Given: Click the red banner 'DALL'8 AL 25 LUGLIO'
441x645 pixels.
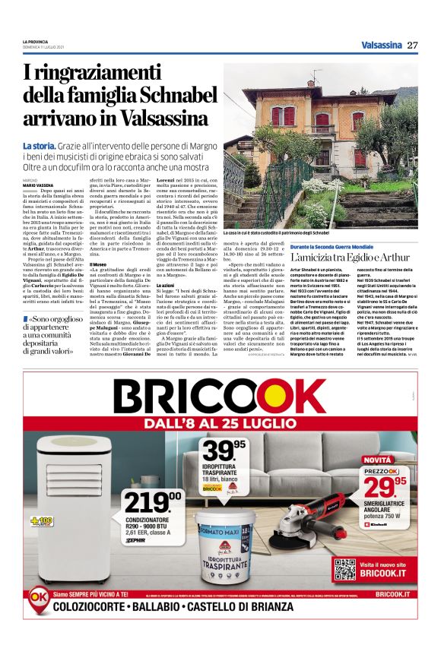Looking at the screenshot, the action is pos(219,424).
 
